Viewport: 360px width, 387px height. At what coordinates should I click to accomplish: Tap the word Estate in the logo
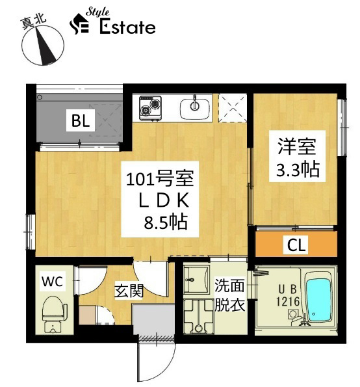click(127, 27)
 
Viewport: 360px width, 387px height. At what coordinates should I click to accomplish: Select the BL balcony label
click(81, 121)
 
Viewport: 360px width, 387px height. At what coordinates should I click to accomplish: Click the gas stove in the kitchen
click(150, 108)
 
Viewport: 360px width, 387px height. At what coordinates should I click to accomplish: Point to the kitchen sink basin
click(196, 109)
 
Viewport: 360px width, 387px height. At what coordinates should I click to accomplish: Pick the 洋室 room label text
click(297, 146)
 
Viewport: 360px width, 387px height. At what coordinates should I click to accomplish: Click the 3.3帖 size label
click(298, 169)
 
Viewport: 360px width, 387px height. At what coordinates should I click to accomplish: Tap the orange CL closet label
click(296, 244)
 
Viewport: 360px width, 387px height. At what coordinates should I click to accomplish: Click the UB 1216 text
click(288, 295)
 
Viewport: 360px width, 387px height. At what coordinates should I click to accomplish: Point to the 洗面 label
click(229, 286)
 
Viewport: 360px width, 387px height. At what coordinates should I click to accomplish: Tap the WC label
click(52, 281)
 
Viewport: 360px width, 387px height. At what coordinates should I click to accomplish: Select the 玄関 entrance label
click(129, 291)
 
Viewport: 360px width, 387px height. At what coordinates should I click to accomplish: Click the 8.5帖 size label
click(166, 222)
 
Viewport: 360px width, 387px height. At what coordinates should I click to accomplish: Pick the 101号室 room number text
click(160, 178)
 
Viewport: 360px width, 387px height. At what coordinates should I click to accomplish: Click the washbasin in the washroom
click(196, 280)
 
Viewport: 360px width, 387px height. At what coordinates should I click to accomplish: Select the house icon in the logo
click(79, 23)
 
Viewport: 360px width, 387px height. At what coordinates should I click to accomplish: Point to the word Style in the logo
click(97, 12)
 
